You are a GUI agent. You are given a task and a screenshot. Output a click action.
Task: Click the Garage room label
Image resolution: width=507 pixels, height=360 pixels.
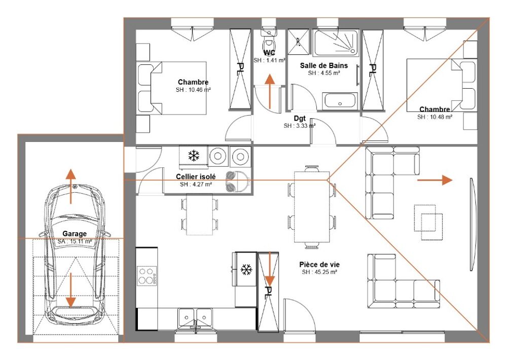(75, 234)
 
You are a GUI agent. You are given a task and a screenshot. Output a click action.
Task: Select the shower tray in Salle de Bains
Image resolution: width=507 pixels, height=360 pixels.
(336, 43)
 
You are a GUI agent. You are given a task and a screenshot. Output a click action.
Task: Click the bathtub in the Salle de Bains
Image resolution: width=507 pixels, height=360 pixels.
(340, 100)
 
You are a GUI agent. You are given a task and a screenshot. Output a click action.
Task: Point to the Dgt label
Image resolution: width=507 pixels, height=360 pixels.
(300, 119)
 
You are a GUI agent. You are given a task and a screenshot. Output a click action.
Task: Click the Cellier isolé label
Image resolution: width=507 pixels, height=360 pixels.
(196, 176)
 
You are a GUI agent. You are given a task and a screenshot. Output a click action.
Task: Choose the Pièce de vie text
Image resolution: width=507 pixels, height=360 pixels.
(319, 264)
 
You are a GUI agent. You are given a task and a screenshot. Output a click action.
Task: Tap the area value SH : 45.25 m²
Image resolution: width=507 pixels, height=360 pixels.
(320, 272)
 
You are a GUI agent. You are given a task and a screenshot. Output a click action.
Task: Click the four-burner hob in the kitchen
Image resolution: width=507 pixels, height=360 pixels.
(147, 275)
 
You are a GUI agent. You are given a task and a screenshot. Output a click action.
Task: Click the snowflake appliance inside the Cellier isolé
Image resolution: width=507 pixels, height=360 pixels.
(193, 155)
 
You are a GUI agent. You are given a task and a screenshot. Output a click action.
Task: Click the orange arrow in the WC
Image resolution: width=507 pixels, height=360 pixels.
(270, 91)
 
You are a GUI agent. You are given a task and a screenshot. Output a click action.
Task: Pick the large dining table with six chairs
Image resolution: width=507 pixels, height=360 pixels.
(312, 207)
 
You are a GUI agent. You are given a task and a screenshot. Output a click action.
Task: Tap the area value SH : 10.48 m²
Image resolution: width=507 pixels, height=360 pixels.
(434, 117)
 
